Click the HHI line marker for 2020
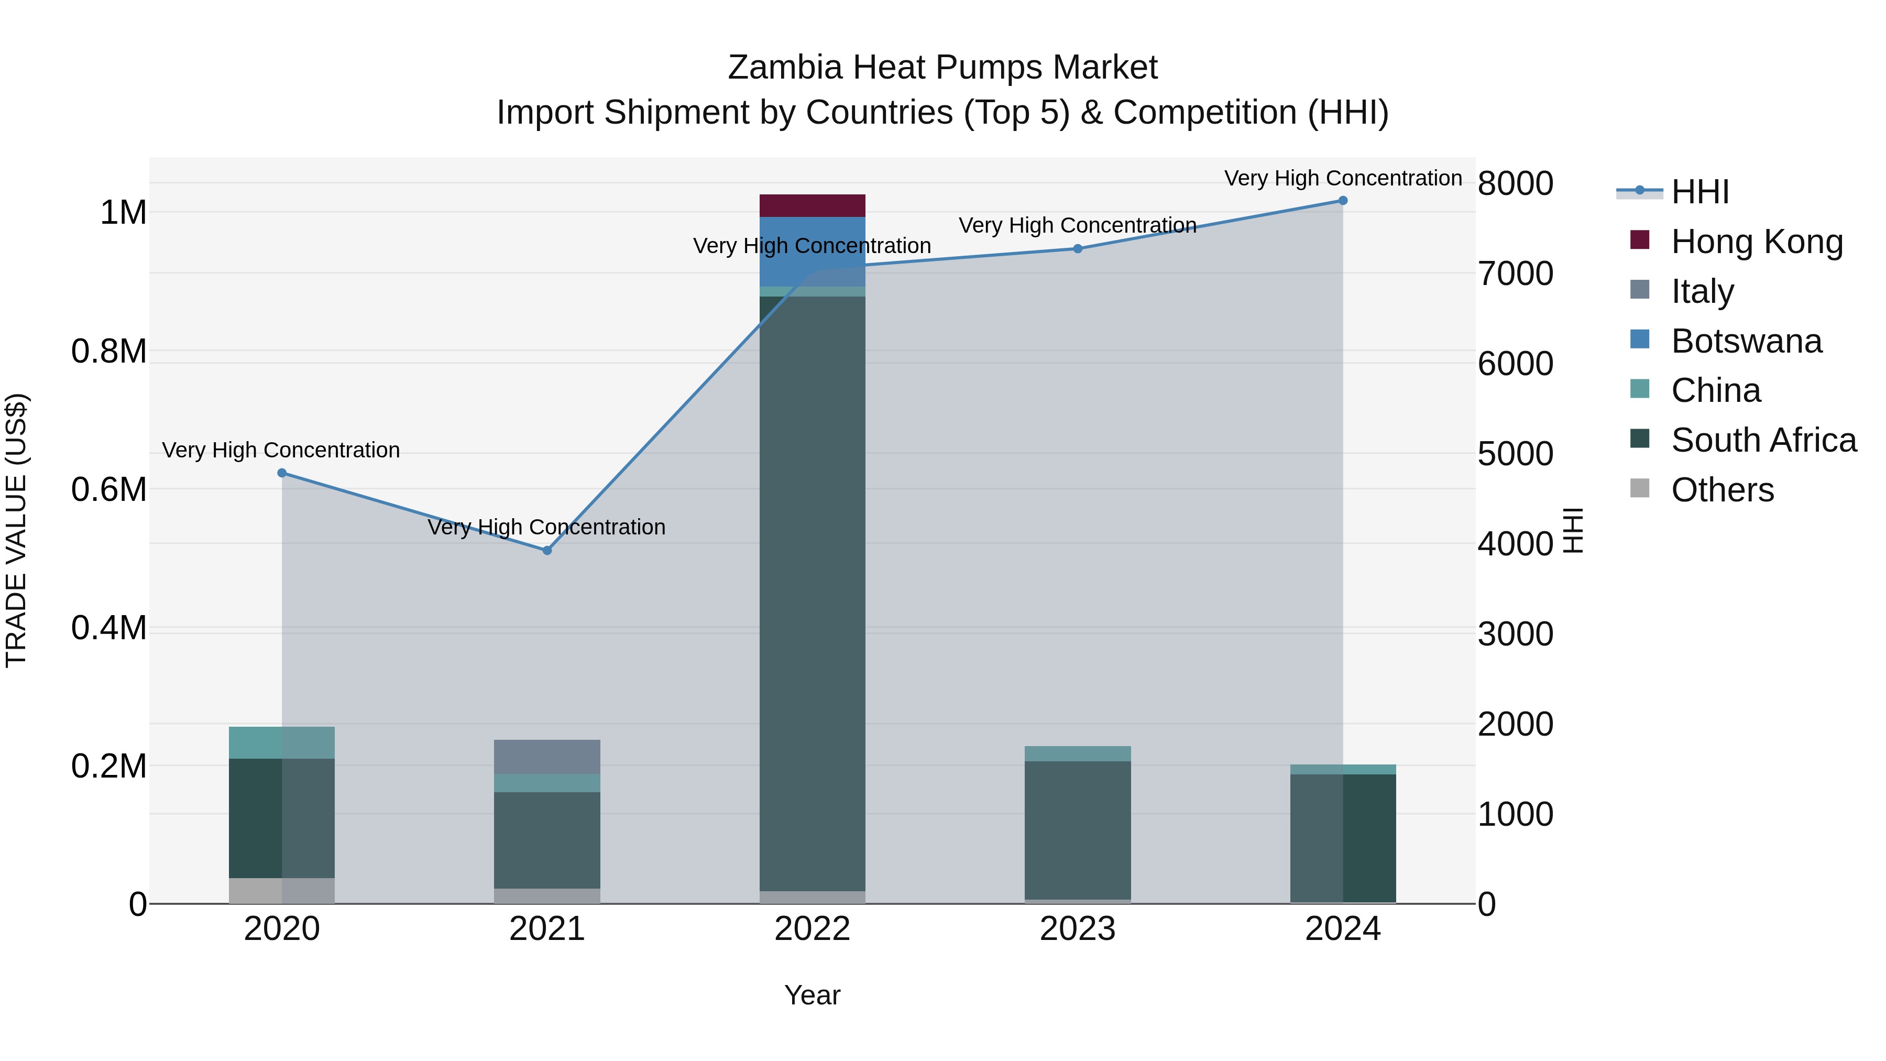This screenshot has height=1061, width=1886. coord(282,473)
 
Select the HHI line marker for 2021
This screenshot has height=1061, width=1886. coord(547,551)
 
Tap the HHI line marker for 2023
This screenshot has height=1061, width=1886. coord(1078,249)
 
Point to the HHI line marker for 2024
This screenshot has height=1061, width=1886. coord(1343,201)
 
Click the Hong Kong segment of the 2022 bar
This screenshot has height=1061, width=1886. coord(812,206)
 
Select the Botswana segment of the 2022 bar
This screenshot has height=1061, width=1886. coord(812,251)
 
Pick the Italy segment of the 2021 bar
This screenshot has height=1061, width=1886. coord(547,757)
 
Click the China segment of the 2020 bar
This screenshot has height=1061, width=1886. coord(282,742)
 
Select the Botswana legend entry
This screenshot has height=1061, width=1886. coord(1746,341)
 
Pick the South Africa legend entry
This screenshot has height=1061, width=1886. coord(1763,440)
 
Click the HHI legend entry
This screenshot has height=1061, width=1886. coord(1699,192)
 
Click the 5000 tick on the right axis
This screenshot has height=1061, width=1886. coord(1515,454)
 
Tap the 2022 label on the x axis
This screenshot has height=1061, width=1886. coord(812,929)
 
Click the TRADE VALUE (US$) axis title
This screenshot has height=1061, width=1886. coord(17,530)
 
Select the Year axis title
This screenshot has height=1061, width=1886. coord(812,995)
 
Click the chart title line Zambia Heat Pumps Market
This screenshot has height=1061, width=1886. coord(942,68)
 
